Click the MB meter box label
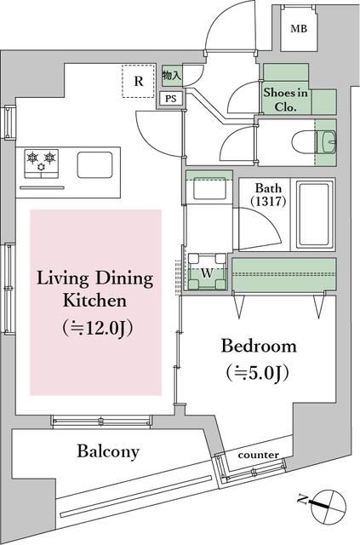[299, 28]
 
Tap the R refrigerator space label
[139, 81]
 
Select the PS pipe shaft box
[170, 99]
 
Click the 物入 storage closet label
[172, 76]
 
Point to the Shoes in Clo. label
[285, 100]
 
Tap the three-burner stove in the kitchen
[42, 163]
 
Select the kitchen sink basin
[94, 164]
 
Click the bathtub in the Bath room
[314, 214]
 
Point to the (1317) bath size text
[269, 201]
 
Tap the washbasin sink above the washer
[209, 188]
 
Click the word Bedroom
[259, 347]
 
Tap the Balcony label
[108, 452]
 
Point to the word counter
[259, 455]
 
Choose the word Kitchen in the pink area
[94, 301]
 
